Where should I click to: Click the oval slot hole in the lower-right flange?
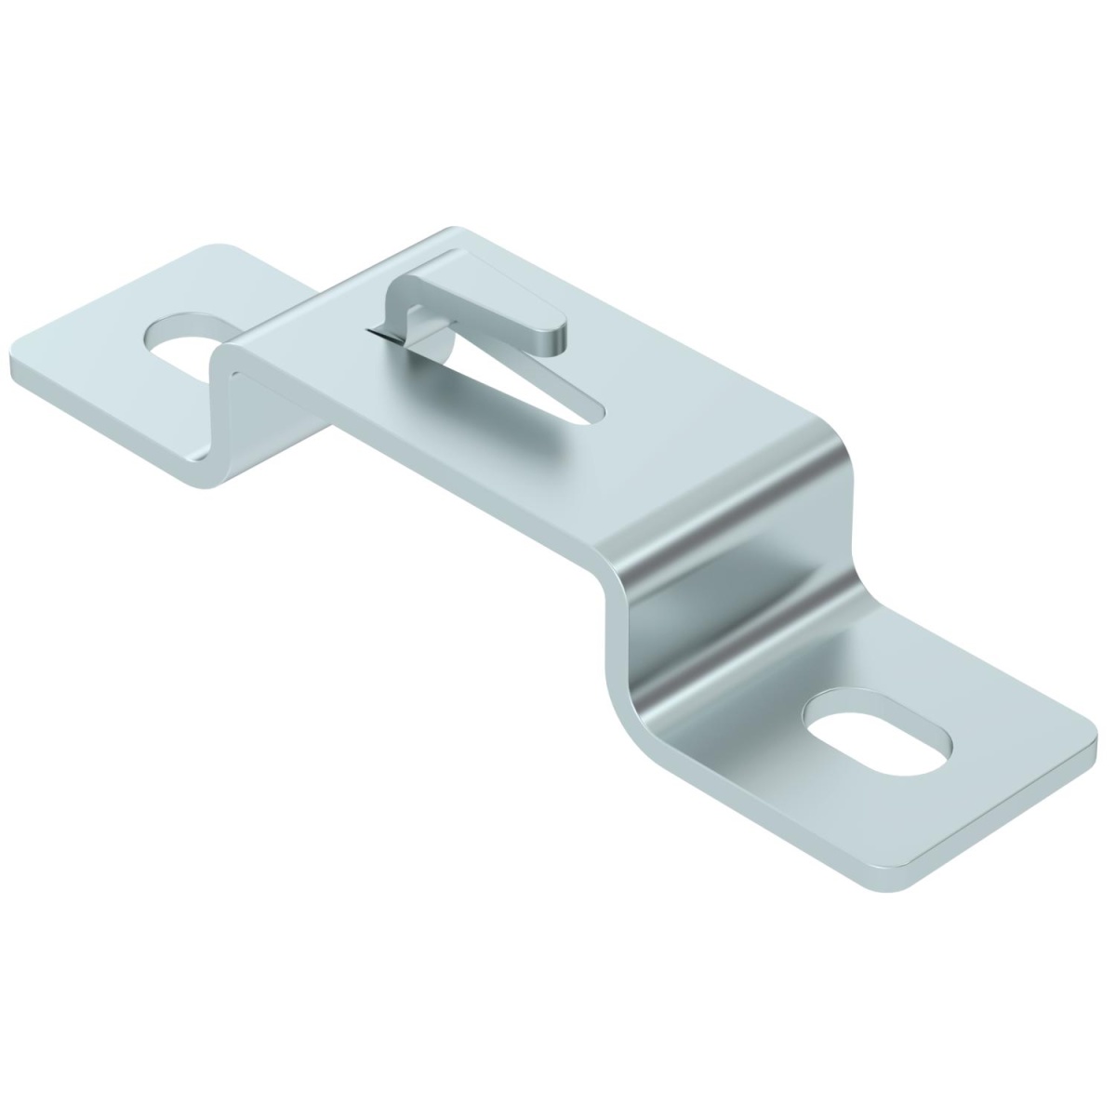[x=879, y=744]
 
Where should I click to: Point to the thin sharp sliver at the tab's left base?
[x=378, y=334]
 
